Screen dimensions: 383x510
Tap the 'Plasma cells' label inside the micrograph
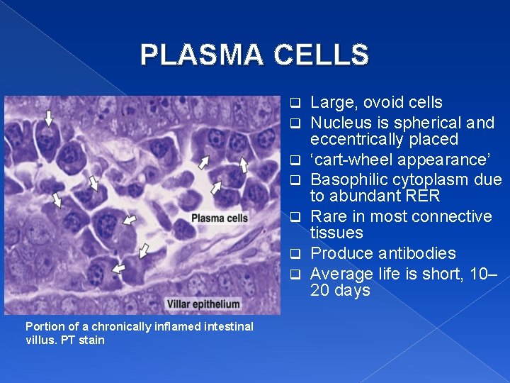[x=220, y=218]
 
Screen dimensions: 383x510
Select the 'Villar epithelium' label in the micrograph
[x=204, y=304]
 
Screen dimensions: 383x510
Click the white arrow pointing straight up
[x=244, y=166]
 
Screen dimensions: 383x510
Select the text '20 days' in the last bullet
[x=340, y=291]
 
